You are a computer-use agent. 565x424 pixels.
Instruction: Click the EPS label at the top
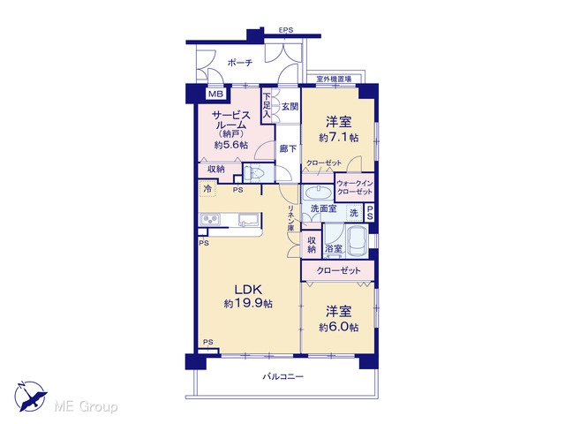[286, 30]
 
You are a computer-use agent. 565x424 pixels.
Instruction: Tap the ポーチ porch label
[240, 63]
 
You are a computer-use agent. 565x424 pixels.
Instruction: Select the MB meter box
[216, 95]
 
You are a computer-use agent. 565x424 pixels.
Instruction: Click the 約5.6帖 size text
[231, 145]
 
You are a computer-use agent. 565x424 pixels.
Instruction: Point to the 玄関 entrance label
[290, 106]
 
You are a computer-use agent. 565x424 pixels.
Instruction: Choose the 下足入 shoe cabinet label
[267, 105]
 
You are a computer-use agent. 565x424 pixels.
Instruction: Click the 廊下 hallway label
[289, 148]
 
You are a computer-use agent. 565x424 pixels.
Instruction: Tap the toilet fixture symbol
[255, 174]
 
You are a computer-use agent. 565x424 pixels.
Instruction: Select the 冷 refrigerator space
[207, 188]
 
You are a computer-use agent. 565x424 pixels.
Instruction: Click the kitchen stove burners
[210, 220]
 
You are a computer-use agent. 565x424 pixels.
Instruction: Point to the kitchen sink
[248, 219]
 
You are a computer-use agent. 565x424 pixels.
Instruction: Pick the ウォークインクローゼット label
[355, 187]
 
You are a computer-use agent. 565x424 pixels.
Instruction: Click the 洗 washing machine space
[354, 213]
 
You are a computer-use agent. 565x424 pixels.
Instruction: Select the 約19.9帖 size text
[248, 304]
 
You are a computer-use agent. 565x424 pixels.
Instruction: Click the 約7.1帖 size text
[338, 138]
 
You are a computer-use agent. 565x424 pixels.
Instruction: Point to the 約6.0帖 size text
[338, 327]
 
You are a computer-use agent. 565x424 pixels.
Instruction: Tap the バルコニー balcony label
[282, 377]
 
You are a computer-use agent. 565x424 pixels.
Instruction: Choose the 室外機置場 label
[334, 79]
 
